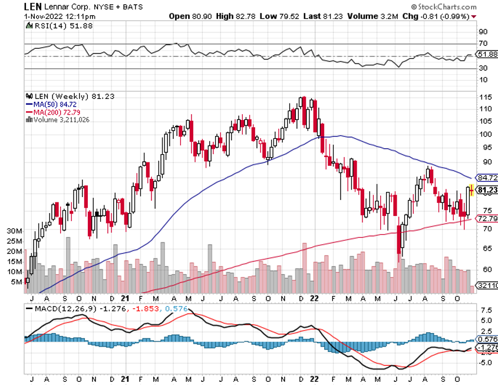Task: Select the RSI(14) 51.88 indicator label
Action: [x=54, y=26]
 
